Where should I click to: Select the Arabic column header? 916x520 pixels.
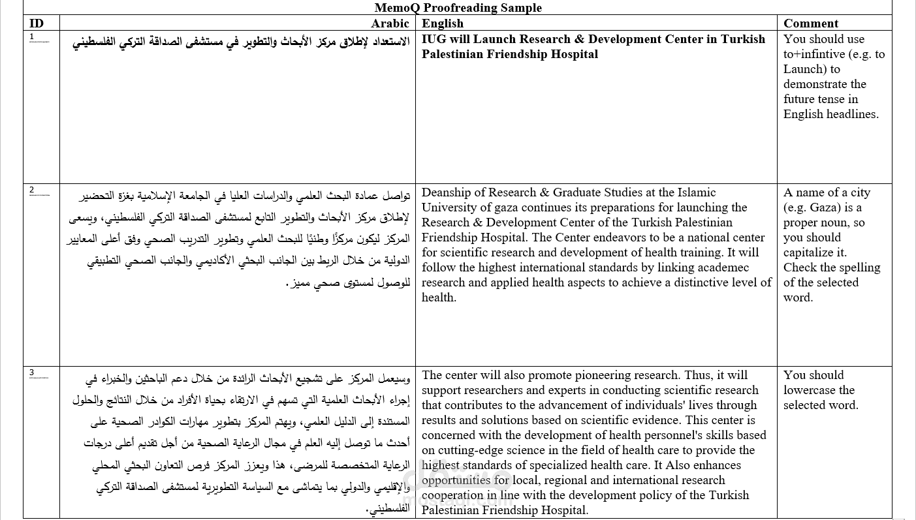point(390,23)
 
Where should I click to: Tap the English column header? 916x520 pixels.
point(443,23)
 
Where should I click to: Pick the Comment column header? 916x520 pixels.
point(811,23)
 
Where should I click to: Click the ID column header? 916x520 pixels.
point(37,23)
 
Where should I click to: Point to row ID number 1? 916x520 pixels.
point(31,37)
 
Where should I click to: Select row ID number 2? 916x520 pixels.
point(31,190)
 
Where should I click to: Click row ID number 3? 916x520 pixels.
point(31,373)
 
